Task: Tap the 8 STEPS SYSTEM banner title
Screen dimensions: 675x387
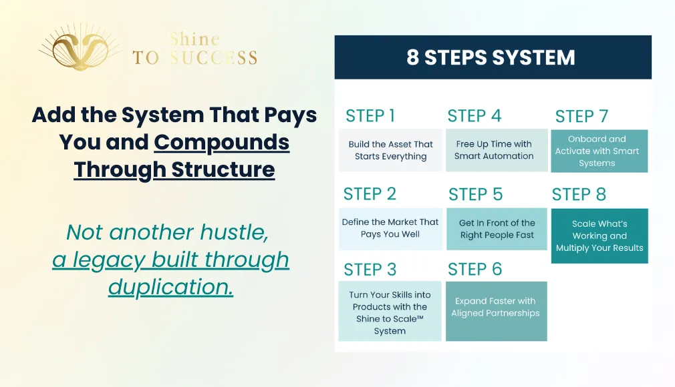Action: click(x=491, y=57)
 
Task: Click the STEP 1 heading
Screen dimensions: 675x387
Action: click(x=370, y=115)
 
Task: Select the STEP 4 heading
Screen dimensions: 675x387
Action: click(x=475, y=115)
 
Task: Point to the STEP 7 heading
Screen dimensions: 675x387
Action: click(x=581, y=116)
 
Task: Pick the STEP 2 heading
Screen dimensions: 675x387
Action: click(x=370, y=194)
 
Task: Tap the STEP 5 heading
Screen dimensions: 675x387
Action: click(x=476, y=194)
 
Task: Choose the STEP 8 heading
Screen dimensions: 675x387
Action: click(x=579, y=194)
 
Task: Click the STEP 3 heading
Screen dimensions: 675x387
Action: click(x=370, y=270)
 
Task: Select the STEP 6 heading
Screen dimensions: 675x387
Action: click(x=475, y=269)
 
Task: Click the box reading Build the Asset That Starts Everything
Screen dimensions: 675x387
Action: click(x=390, y=150)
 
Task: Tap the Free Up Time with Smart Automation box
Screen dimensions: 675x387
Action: click(x=497, y=150)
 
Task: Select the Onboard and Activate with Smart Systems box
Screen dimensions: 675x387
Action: click(x=599, y=151)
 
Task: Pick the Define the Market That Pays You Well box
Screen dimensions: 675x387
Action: click(x=390, y=229)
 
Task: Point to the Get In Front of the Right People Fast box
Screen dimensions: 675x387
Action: click(x=497, y=229)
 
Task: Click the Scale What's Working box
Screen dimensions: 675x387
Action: click(x=599, y=236)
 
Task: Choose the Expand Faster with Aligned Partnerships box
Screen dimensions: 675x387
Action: click(x=497, y=312)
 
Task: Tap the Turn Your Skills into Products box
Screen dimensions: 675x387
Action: click(x=390, y=312)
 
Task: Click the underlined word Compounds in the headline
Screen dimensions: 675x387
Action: click(x=222, y=143)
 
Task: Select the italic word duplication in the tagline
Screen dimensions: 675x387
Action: click(x=171, y=287)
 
